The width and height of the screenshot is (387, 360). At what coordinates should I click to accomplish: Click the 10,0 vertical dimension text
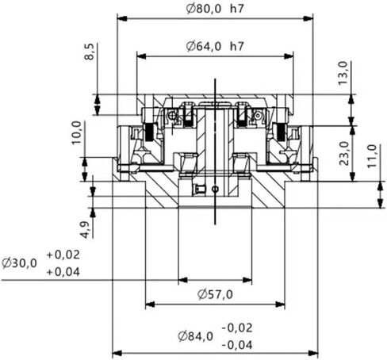pyautogui.click(x=76, y=131)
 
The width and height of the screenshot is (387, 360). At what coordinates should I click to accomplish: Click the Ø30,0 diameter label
pyautogui.click(x=19, y=262)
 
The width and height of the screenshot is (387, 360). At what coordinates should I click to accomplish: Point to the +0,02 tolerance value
pyautogui.click(x=64, y=255)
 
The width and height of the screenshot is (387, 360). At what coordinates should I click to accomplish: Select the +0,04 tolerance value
pyautogui.click(x=64, y=271)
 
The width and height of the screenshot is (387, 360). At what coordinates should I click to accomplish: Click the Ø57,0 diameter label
pyautogui.click(x=215, y=294)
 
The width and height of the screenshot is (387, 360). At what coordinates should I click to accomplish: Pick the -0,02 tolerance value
pyautogui.click(x=238, y=327)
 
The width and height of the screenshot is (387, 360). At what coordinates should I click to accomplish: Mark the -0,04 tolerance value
pyautogui.click(x=238, y=345)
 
